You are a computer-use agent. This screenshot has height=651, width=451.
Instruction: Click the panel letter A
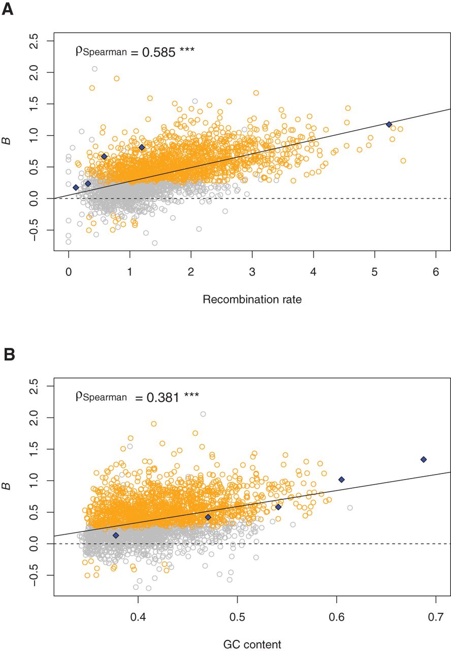point(8,9)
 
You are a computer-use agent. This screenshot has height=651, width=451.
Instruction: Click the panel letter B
point(9,354)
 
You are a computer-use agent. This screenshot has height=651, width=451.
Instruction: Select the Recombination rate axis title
point(252,300)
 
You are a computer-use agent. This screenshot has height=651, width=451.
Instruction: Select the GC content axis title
point(252,644)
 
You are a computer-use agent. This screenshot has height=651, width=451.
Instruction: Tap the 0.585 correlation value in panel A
point(162,51)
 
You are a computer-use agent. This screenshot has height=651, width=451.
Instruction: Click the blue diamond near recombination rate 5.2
point(389,124)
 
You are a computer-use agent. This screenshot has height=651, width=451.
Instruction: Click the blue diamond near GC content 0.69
point(424,459)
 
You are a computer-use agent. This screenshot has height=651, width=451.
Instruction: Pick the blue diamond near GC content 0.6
point(341,480)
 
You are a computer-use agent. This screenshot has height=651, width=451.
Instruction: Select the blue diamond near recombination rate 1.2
point(142,147)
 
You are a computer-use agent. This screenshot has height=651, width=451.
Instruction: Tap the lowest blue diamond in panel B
point(115,535)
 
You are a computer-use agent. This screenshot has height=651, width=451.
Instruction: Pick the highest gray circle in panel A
point(94,69)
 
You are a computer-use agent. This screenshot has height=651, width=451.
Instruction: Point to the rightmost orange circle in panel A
point(403,161)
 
